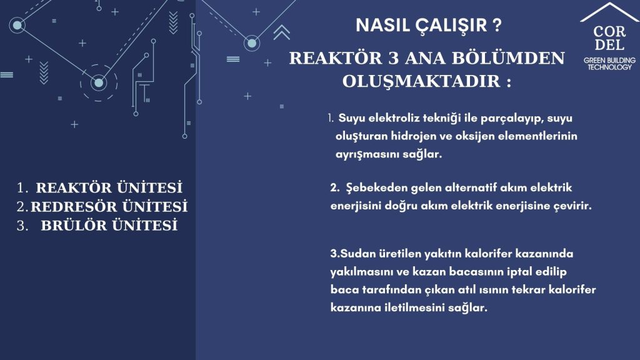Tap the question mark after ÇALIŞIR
pos(497,25)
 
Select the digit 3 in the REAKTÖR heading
pos(393,58)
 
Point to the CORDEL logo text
pos(609,38)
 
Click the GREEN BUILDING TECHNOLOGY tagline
pos(609,64)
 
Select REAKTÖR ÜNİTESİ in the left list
pos(109,187)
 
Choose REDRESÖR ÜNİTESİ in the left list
pos(109,206)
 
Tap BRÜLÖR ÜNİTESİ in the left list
pos(109,225)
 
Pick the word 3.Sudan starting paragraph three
pos(353,254)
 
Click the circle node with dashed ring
pos(99,83)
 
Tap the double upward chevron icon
pos(282,32)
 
